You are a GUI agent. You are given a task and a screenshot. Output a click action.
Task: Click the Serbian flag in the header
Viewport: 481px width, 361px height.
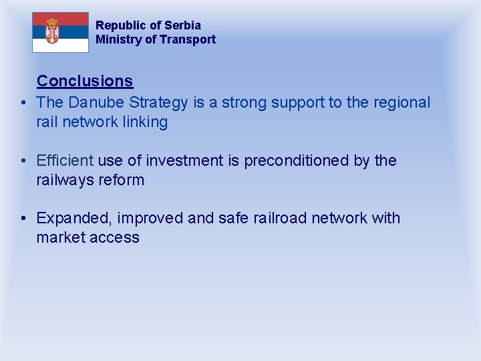[x=60, y=32]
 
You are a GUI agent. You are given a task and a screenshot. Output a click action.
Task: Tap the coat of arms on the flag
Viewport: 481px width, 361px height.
[x=51, y=31]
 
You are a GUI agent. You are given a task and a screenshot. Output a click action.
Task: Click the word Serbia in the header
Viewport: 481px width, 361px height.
[x=182, y=25]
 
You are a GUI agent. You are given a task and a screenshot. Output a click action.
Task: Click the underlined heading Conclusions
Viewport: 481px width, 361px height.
[x=85, y=81]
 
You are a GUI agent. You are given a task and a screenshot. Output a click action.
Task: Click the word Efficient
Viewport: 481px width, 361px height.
[x=65, y=160]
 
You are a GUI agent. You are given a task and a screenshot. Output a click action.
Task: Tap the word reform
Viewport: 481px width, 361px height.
[x=122, y=180]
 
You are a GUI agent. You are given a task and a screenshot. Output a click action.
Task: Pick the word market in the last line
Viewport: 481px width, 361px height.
[x=60, y=238]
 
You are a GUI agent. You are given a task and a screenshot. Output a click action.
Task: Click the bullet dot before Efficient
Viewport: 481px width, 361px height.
[x=23, y=161]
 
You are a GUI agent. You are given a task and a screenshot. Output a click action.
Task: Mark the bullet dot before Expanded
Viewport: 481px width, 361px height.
[x=23, y=219]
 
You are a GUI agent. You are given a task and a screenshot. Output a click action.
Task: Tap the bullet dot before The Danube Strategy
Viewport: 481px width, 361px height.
[x=23, y=103]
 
